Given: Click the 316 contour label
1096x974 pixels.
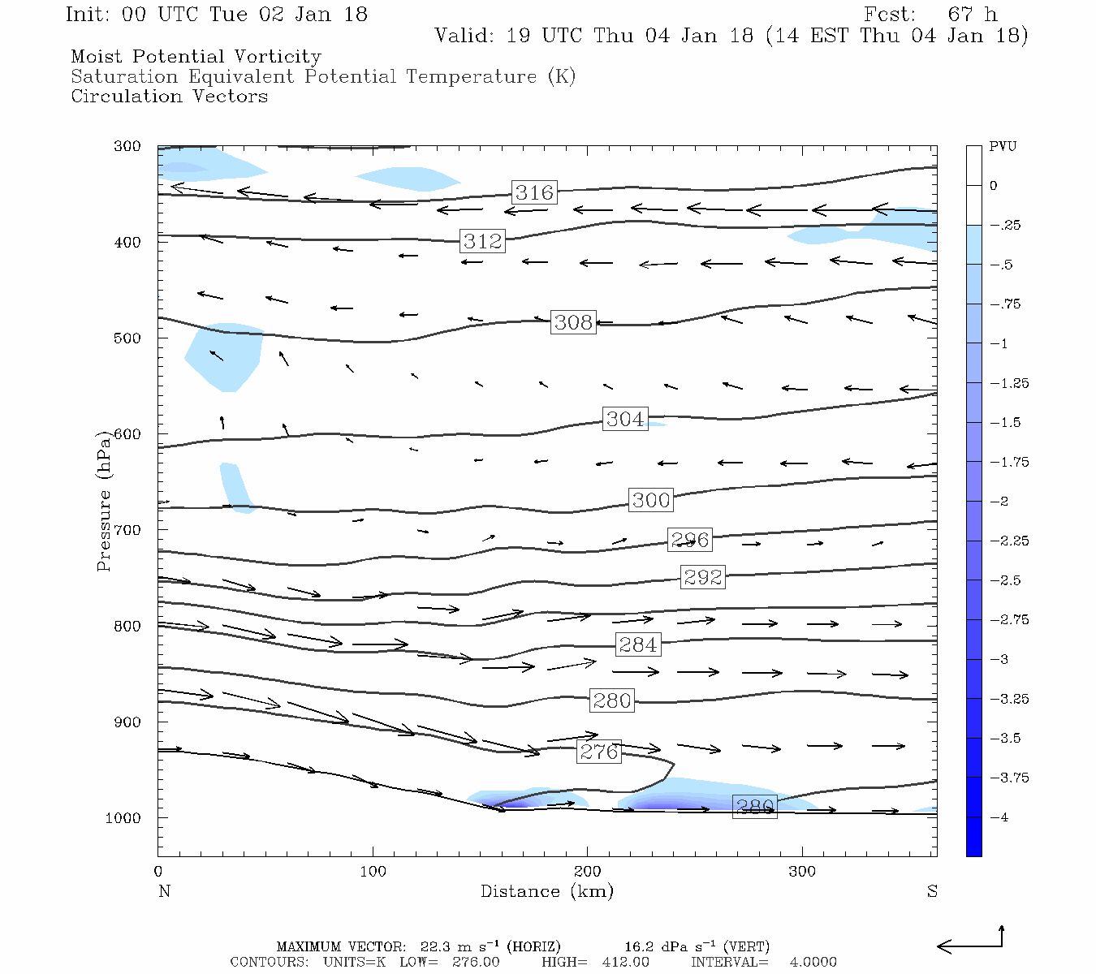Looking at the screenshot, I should [x=534, y=192].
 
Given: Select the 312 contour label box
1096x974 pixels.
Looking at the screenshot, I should [x=483, y=241].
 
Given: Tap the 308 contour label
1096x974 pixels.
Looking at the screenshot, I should [x=573, y=322].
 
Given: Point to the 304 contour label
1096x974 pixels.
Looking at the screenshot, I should [x=625, y=419].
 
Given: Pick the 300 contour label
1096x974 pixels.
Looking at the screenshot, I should [x=651, y=500].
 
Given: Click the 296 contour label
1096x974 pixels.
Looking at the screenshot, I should [x=690, y=540].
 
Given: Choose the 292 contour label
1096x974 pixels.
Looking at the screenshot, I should [x=702, y=577].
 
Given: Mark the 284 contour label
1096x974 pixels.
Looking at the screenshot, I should [x=638, y=645].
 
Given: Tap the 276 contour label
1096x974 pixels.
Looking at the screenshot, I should [x=599, y=752].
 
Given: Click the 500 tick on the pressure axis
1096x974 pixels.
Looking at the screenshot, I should [x=127, y=338].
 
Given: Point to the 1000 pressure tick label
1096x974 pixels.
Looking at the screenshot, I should [x=123, y=818].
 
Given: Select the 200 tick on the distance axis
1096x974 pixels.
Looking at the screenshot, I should [x=588, y=872].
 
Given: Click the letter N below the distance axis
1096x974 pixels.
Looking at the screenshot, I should [x=164, y=891].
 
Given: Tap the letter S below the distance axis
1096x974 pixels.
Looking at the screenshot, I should [x=932, y=891].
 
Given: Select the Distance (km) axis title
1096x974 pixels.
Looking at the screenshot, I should [x=546, y=891].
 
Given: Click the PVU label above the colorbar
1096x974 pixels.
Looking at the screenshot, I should [x=1003, y=147].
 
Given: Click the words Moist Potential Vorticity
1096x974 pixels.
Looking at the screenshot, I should [x=196, y=57].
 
